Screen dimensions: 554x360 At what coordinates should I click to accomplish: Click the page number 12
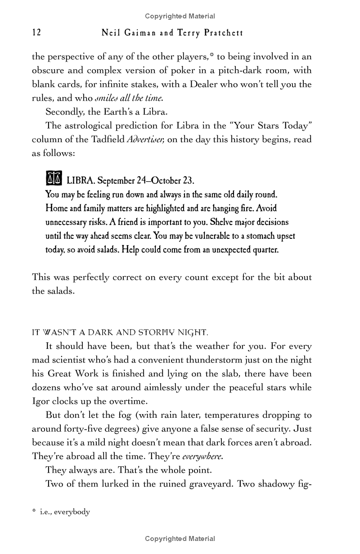(x=36, y=33)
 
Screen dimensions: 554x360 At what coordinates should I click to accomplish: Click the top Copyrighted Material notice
(x=180, y=16)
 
